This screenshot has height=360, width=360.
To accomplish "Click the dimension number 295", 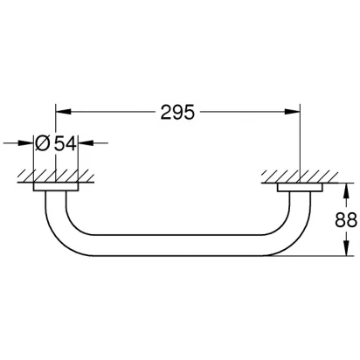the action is [x=177, y=112].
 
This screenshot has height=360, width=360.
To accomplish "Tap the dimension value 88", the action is [x=346, y=220].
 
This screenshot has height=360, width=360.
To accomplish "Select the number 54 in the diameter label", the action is [x=66, y=143].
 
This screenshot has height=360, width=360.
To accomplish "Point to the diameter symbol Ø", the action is [x=43, y=143].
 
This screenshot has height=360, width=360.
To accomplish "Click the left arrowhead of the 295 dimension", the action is [x=63, y=112].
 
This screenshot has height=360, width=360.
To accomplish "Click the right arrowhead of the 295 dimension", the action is [x=292, y=112].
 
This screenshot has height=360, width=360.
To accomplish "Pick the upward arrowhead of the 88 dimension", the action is [x=346, y=190].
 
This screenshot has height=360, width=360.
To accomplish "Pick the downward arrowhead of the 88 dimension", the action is [x=346, y=248].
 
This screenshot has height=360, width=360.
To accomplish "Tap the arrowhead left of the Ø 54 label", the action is [x=26, y=143].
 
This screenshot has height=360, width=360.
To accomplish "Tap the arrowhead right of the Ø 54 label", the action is [x=86, y=143].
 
